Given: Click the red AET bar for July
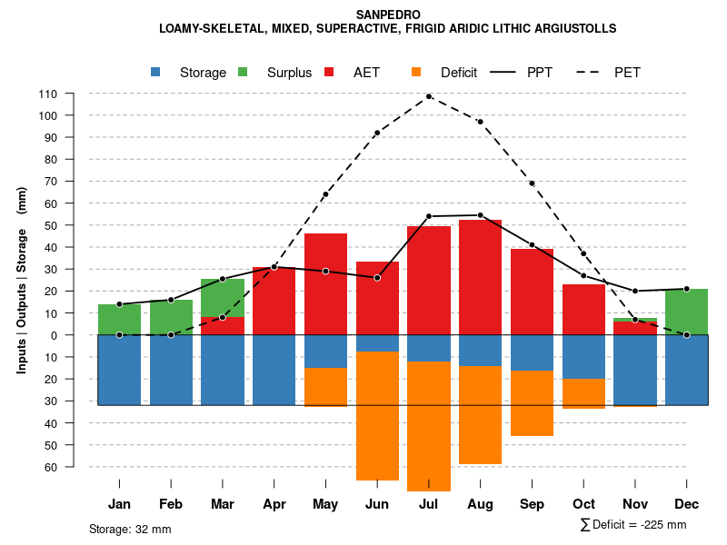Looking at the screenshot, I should (x=429, y=281).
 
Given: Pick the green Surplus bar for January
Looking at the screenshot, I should (x=119, y=319).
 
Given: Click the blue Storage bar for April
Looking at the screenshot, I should (x=274, y=370).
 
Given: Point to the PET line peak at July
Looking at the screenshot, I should (x=429, y=96).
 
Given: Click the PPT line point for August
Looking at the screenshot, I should (x=481, y=215).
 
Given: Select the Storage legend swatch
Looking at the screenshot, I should (x=155, y=72).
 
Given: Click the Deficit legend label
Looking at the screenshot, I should (x=459, y=73).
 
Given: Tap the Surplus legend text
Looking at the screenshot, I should (x=289, y=73).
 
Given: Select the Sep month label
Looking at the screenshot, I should (x=532, y=504).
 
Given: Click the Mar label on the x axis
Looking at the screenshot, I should (x=223, y=504).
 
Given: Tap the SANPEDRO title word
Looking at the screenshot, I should (x=387, y=15).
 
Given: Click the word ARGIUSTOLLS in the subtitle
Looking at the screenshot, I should (x=572, y=28).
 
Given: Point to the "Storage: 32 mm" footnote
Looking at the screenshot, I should (x=130, y=529).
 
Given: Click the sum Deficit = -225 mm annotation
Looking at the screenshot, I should (x=633, y=525).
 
